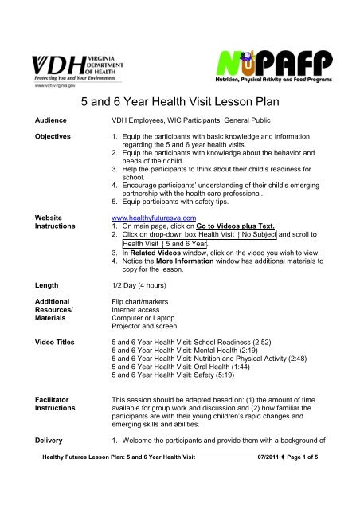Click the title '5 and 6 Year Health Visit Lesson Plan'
[179, 102]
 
